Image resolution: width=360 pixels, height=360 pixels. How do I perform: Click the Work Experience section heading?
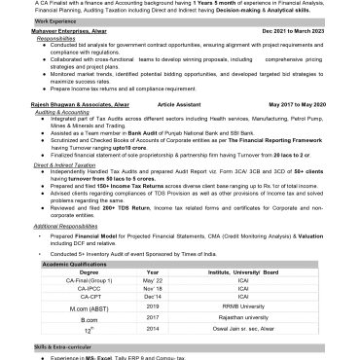click(x=27, y=19)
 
